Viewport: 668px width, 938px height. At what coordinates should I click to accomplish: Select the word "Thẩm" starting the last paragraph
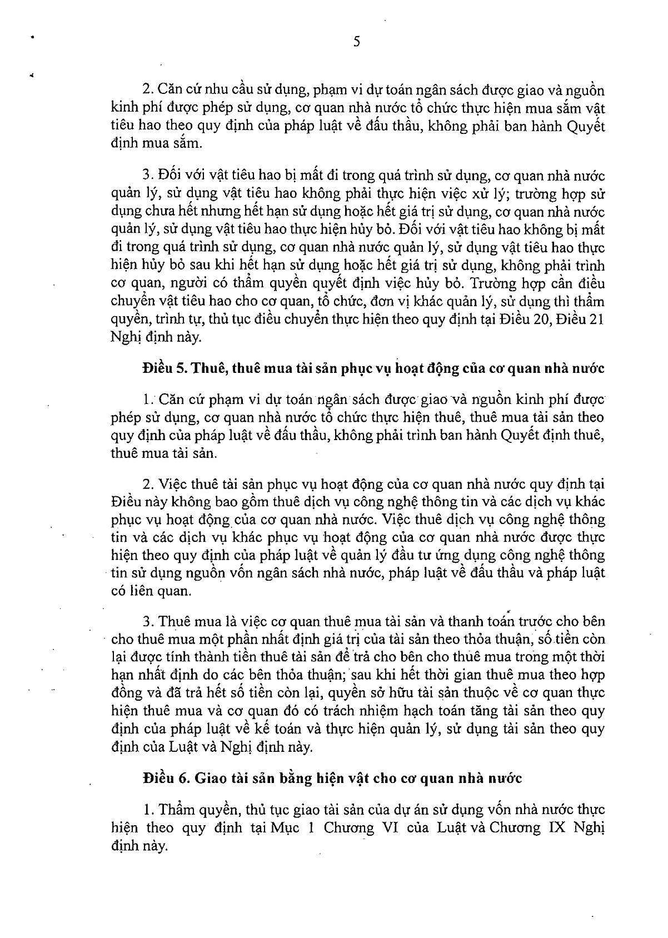tap(176, 810)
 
